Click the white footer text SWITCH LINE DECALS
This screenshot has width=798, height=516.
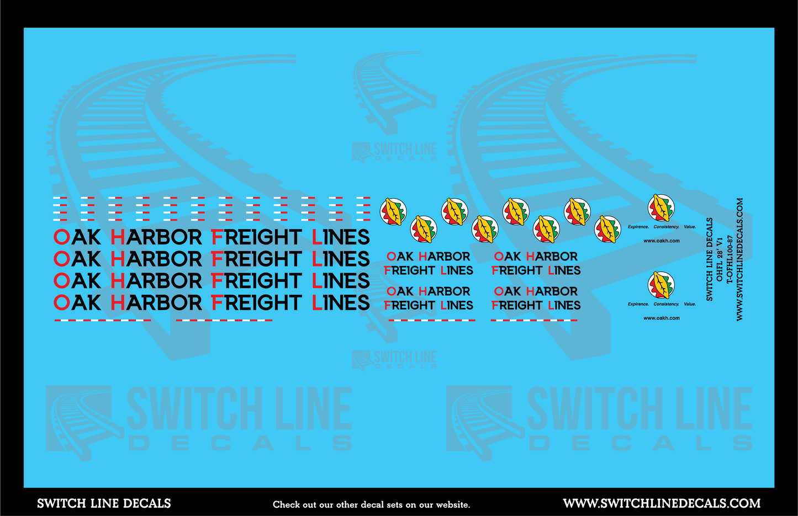tap(104, 503)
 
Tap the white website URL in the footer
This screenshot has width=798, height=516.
tap(662, 503)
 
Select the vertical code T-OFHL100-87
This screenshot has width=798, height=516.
tap(730, 259)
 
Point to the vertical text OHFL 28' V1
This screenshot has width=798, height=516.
tap(720, 259)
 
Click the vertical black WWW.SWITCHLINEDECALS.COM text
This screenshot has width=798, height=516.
tap(740, 259)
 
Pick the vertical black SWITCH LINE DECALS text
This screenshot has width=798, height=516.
tap(710, 259)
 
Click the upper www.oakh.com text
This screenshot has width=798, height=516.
tap(661, 241)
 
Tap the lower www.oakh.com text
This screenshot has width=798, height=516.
tap(661, 318)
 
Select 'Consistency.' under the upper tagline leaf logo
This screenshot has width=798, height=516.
tap(666, 227)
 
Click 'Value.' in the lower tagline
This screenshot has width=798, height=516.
tap(690, 304)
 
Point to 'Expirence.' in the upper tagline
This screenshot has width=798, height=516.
tap(638, 227)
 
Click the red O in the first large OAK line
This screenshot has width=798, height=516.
tap(61, 237)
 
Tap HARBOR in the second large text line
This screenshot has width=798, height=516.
tap(156, 259)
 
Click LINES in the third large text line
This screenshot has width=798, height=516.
tap(341, 281)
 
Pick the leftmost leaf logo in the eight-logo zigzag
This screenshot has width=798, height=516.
tap(393, 212)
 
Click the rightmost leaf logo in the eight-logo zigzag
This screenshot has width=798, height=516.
tap(607, 228)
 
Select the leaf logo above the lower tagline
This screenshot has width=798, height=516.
tap(661, 285)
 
